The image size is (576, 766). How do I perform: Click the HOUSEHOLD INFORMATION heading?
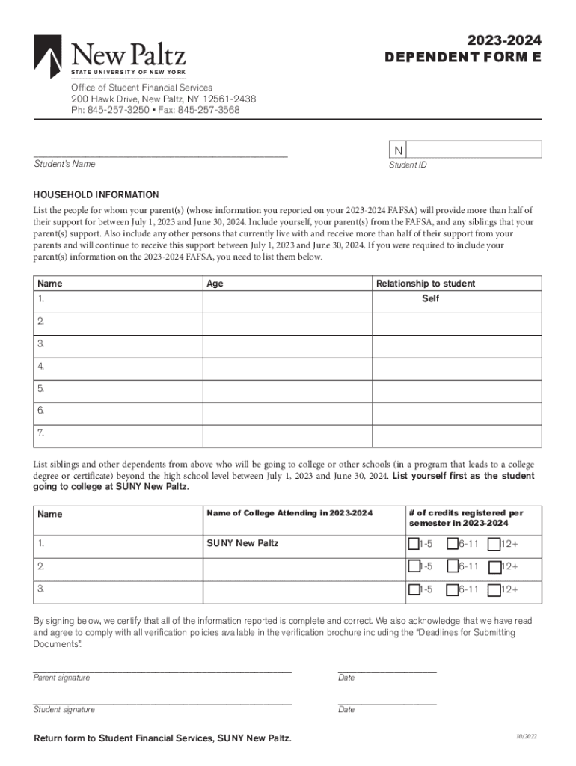96,194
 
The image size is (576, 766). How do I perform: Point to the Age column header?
215,284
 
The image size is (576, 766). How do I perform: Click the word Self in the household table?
430,298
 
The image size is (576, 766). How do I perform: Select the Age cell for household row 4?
287,367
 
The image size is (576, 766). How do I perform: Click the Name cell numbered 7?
117,433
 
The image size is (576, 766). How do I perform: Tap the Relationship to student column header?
425,284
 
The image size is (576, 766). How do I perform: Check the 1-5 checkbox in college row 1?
414,544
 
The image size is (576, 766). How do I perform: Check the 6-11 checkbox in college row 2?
453,567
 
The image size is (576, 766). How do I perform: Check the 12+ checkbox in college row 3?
494,590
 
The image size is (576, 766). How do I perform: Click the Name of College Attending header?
289,513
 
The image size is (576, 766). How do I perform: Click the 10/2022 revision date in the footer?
525,737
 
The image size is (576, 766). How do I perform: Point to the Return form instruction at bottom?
162,738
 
